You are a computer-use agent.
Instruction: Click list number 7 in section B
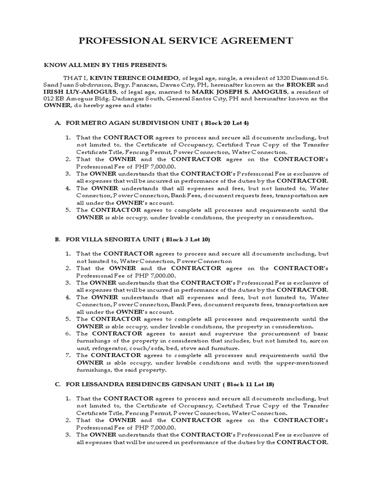[x=68, y=355]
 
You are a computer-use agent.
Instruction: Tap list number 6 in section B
[x=68, y=333]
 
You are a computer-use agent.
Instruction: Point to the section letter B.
[x=57, y=239]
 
